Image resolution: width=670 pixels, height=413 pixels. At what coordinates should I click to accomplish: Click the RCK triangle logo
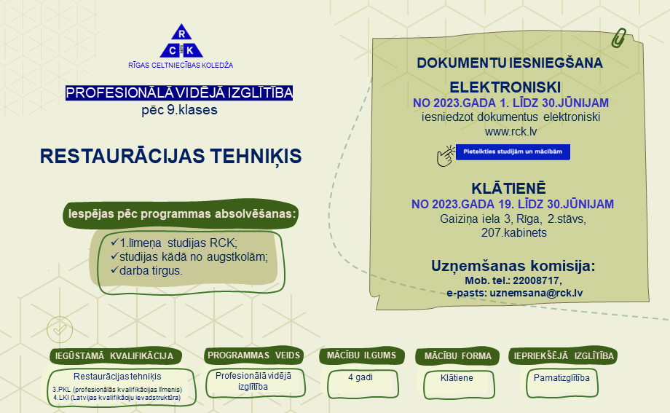click(181, 41)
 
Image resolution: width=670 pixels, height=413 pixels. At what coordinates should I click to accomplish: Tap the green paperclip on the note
click(618, 38)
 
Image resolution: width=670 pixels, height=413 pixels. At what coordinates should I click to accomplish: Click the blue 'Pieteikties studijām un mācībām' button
click(513, 152)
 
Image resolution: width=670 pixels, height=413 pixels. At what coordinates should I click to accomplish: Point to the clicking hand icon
click(446, 156)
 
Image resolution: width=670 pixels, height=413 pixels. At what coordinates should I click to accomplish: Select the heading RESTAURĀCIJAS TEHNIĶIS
click(171, 157)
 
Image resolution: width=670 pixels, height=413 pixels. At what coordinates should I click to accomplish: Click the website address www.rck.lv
click(511, 131)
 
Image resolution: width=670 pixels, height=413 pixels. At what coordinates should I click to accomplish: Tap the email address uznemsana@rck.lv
click(536, 293)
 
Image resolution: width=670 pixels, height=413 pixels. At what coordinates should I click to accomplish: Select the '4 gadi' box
click(363, 383)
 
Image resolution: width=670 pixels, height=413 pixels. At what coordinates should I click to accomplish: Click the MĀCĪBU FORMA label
click(457, 356)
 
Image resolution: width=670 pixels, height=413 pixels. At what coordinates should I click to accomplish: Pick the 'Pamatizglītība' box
click(562, 383)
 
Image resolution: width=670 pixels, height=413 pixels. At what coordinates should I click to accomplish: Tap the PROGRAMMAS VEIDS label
click(254, 355)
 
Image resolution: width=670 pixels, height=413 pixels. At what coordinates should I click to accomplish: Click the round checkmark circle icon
click(60, 329)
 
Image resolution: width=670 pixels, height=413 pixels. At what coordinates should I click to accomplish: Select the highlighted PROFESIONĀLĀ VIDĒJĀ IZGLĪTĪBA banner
click(179, 93)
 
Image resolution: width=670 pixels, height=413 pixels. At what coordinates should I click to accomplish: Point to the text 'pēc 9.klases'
click(179, 110)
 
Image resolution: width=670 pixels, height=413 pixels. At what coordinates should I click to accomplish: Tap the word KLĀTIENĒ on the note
click(508, 188)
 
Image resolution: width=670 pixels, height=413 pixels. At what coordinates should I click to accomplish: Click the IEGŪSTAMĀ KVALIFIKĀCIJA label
click(114, 356)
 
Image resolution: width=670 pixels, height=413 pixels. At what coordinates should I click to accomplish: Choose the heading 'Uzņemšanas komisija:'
click(513, 265)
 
